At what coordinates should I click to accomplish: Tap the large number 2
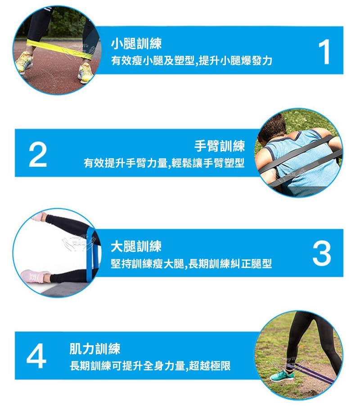(x=38, y=155)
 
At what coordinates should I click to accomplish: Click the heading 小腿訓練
(x=136, y=44)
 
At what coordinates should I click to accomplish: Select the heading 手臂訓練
(x=219, y=146)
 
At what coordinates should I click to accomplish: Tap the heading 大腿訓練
(x=136, y=246)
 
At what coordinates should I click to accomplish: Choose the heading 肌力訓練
(x=94, y=348)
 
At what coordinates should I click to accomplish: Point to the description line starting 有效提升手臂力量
(x=164, y=163)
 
